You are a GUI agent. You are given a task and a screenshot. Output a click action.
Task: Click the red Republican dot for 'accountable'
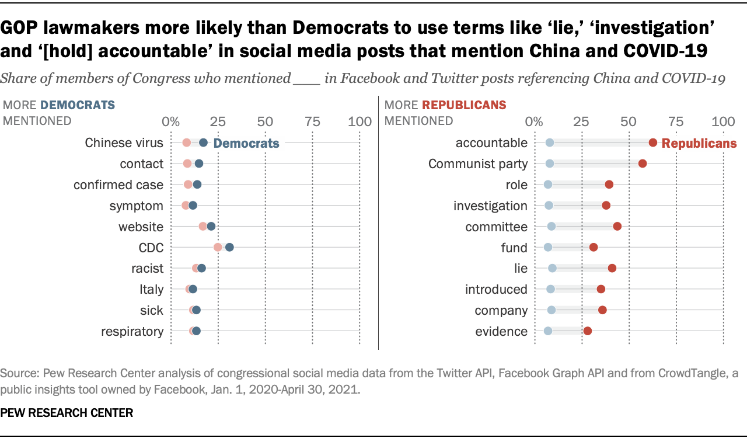pos(653,142)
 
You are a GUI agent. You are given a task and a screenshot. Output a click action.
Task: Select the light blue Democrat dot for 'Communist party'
pos(549,164)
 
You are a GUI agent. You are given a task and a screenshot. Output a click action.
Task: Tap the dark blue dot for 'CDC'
pos(229,247)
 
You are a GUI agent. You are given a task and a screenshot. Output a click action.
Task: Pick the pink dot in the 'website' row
pos(203,226)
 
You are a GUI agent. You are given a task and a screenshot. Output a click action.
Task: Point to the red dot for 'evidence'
pos(588,331)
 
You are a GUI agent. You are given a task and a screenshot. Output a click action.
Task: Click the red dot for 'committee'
pos(617,226)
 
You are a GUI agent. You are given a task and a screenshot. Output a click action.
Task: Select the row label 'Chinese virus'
pos(124,142)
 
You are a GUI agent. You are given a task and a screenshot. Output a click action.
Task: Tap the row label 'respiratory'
pos(132,331)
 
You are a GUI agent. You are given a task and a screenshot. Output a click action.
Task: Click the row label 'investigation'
pos(490,206)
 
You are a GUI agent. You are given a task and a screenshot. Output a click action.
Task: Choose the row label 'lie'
pos(521,268)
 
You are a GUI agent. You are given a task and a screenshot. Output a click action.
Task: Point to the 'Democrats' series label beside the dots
pos(246,143)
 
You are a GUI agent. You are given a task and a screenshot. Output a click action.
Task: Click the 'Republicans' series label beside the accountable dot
pos(699,143)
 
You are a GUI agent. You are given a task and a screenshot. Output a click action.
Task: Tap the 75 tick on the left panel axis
pos(312,121)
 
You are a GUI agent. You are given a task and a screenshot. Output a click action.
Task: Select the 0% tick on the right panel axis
pos(533,121)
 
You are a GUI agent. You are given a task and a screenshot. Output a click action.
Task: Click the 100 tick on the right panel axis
pos(724,121)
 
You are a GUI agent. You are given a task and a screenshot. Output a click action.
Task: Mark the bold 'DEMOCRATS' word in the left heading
pos(77,105)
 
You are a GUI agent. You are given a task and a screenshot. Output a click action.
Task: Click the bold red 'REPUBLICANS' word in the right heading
pos(464,105)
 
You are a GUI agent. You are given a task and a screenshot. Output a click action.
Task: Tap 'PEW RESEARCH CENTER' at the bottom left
pos(67,413)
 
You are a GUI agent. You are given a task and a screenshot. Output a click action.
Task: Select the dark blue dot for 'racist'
pos(201,268)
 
